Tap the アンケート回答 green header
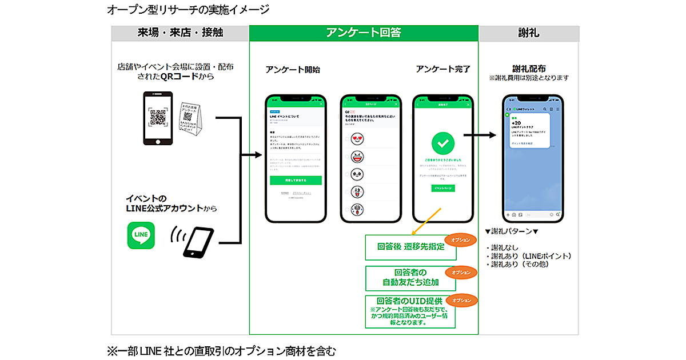(364, 33)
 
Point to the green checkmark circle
(443, 142)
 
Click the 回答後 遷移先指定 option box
(410, 247)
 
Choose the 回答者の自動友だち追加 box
(410, 277)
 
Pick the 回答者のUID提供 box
(410, 311)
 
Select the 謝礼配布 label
(529, 69)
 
